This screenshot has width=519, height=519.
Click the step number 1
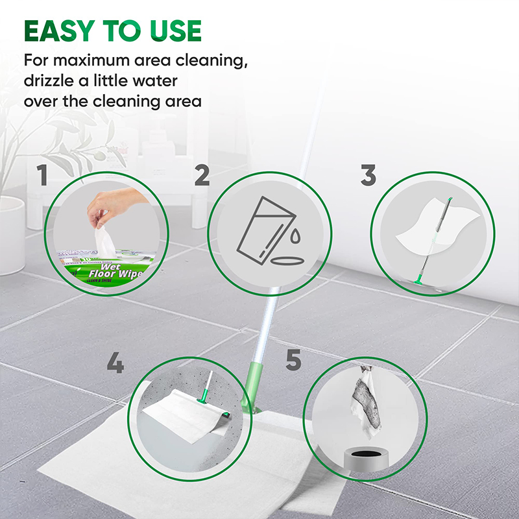tap(42, 176)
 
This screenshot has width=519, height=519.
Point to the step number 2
tap(202, 176)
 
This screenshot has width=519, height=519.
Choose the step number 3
tap(368, 176)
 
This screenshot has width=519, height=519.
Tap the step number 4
tap(115, 364)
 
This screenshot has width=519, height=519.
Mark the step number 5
tap(293, 361)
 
